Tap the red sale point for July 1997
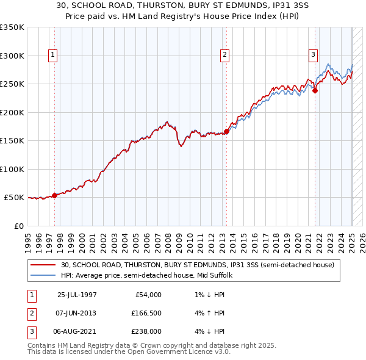54,195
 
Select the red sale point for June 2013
226,131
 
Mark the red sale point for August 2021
315,90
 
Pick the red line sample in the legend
44,265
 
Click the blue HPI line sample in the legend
44,276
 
